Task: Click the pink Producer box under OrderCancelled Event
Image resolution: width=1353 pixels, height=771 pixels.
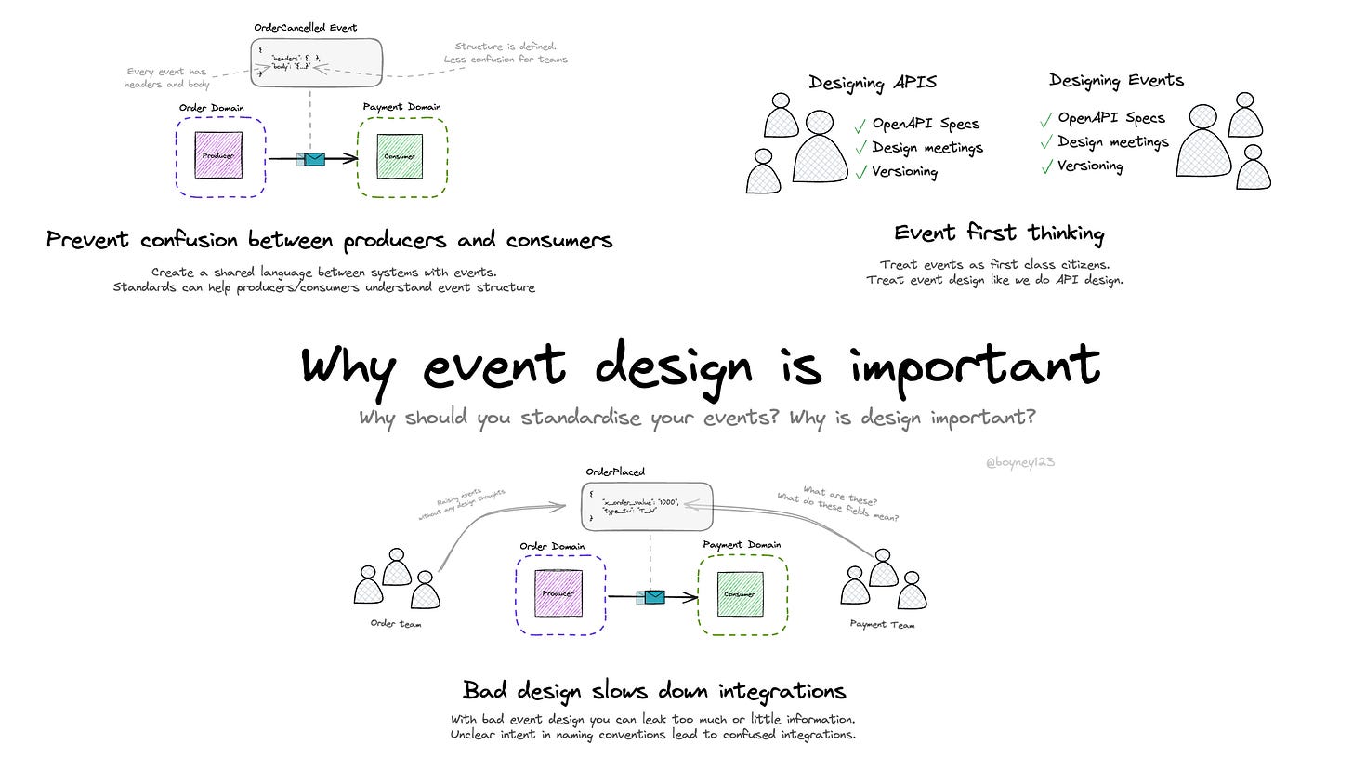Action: [218, 155]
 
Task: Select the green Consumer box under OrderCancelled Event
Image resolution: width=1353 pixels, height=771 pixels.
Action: [400, 155]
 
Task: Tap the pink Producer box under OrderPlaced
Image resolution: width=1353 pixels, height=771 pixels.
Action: [558, 592]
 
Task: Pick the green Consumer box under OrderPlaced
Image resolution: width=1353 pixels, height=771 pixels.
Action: [740, 593]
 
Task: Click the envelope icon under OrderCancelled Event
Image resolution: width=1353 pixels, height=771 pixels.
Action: [314, 159]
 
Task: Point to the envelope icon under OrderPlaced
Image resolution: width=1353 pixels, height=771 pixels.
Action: [654, 597]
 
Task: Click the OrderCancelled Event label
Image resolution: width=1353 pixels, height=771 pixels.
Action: [306, 28]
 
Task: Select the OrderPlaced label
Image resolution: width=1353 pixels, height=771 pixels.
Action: [615, 472]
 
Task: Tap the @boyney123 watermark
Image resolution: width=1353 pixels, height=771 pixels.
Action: [1019, 462]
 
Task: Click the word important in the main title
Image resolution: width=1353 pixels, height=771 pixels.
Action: [975, 366]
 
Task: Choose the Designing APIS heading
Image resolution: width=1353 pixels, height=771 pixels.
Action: [873, 83]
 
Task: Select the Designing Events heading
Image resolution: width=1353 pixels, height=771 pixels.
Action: [1116, 80]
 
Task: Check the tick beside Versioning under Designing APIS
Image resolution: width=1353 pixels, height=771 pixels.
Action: [861, 172]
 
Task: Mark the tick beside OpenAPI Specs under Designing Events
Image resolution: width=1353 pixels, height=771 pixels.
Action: [1046, 119]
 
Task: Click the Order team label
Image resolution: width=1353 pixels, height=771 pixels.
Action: [396, 624]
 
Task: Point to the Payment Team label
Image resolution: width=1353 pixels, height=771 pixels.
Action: [882, 624]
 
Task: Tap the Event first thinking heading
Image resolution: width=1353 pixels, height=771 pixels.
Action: [999, 233]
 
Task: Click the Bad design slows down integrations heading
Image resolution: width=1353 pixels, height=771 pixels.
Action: [654, 690]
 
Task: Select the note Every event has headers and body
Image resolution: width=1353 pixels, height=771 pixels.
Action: [167, 77]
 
